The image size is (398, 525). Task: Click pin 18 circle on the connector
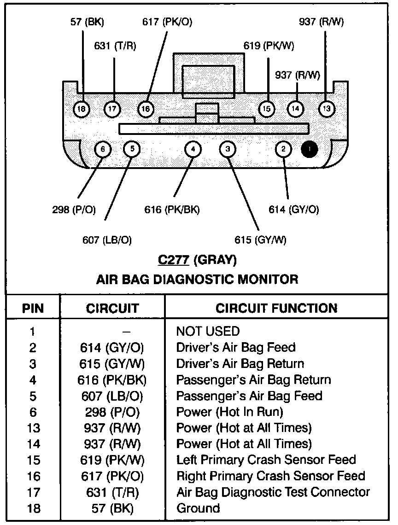tap(82, 109)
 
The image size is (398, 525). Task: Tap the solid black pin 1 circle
tap(309, 149)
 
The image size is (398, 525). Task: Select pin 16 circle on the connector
tap(146, 109)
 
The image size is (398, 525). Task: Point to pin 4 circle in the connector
tap(193, 149)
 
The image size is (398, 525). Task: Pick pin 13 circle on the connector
tap(327, 109)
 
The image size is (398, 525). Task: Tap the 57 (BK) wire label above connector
tap(88, 22)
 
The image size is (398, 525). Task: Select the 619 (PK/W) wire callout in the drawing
tap(269, 46)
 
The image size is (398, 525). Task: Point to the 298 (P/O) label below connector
tap(74, 210)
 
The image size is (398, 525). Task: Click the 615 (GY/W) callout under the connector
tap(260, 239)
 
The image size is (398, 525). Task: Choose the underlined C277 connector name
tap(173, 260)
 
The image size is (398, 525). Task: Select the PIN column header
tap(33, 308)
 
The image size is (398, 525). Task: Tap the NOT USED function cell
tap(208, 331)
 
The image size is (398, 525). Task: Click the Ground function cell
tap(198, 508)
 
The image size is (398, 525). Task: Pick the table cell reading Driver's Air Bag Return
tap(240, 363)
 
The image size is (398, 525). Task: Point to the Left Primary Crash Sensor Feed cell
tap(266, 460)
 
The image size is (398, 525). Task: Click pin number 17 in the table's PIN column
tap(33, 492)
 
